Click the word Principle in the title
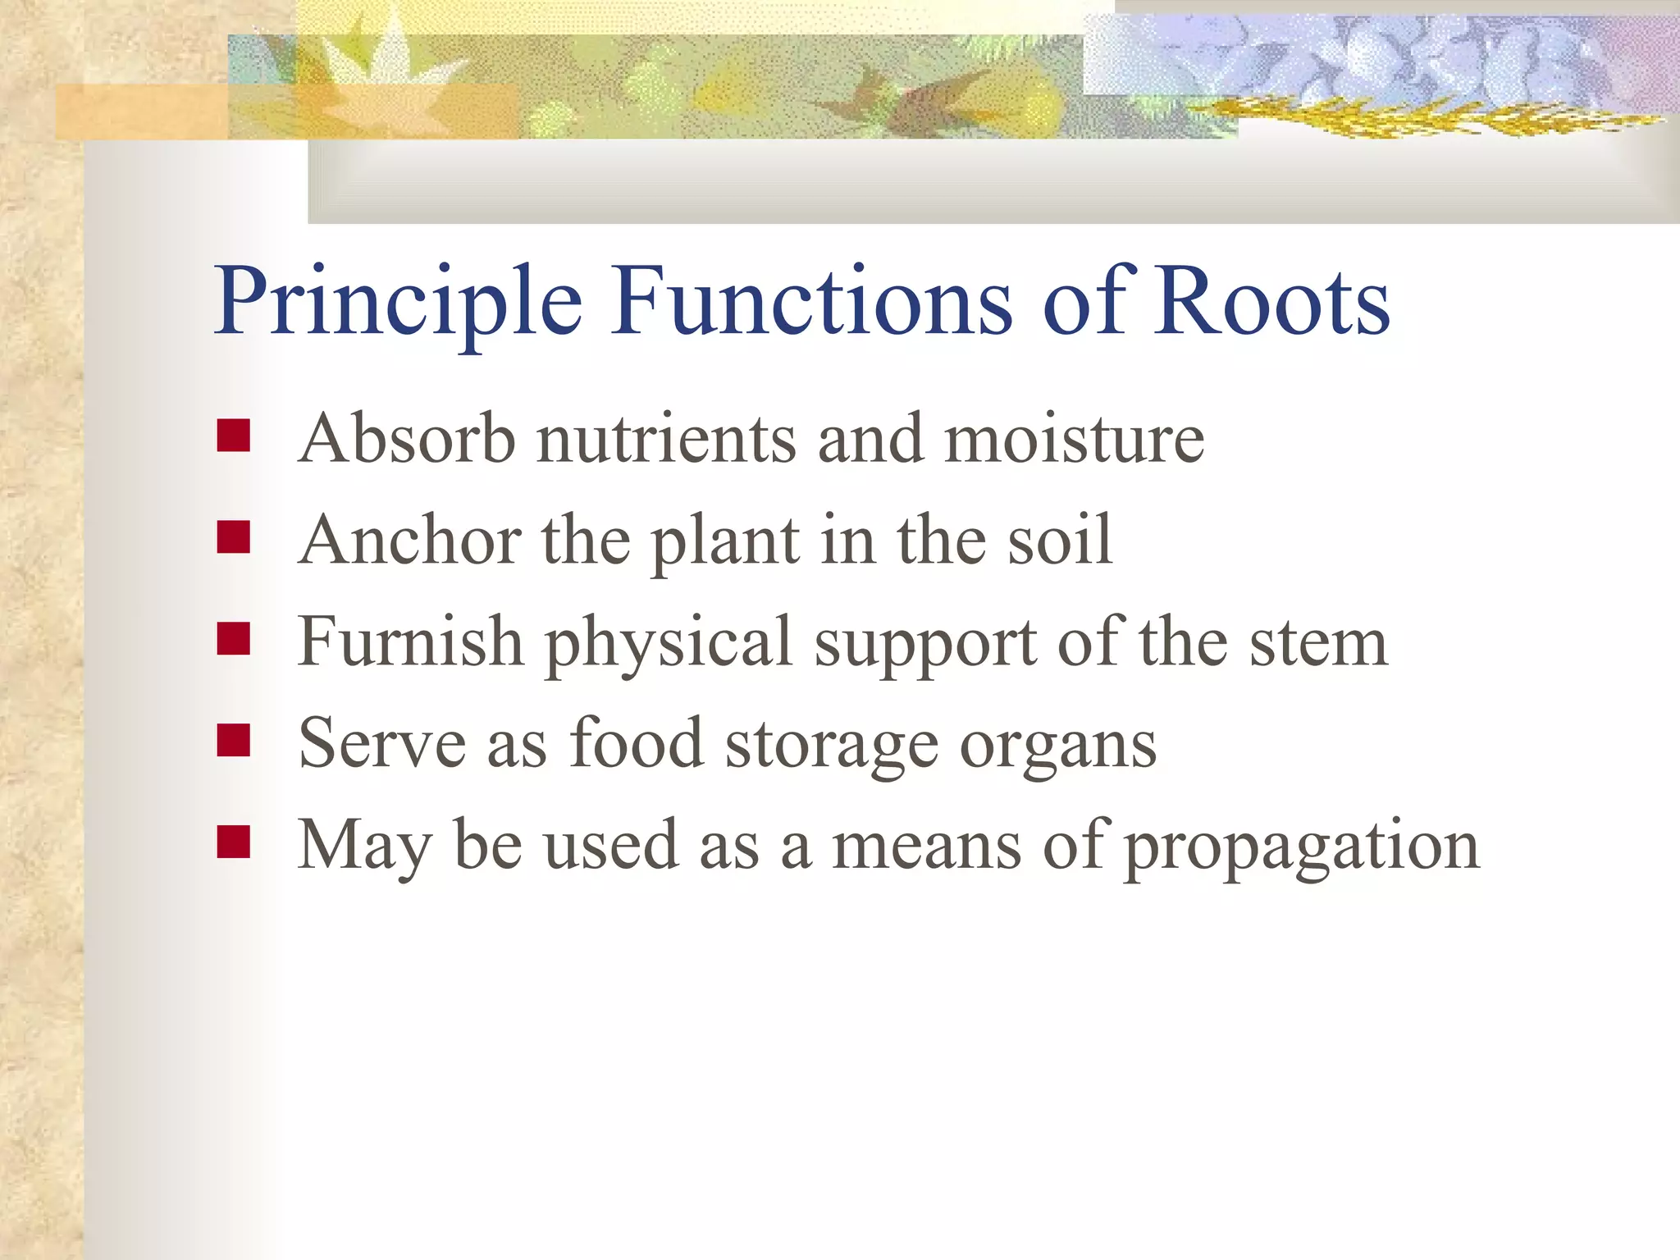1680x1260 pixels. click(398, 302)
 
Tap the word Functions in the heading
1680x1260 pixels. click(812, 302)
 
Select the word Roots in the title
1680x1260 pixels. click(1271, 302)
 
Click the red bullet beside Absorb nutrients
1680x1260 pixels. click(234, 436)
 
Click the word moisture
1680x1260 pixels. click(1075, 439)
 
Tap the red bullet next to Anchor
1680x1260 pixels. click(234, 538)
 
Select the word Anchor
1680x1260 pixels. click(410, 541)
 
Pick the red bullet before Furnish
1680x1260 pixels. click(234, 639)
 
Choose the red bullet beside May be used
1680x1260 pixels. click(234, 842)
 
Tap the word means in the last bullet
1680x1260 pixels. click(927, 846)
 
